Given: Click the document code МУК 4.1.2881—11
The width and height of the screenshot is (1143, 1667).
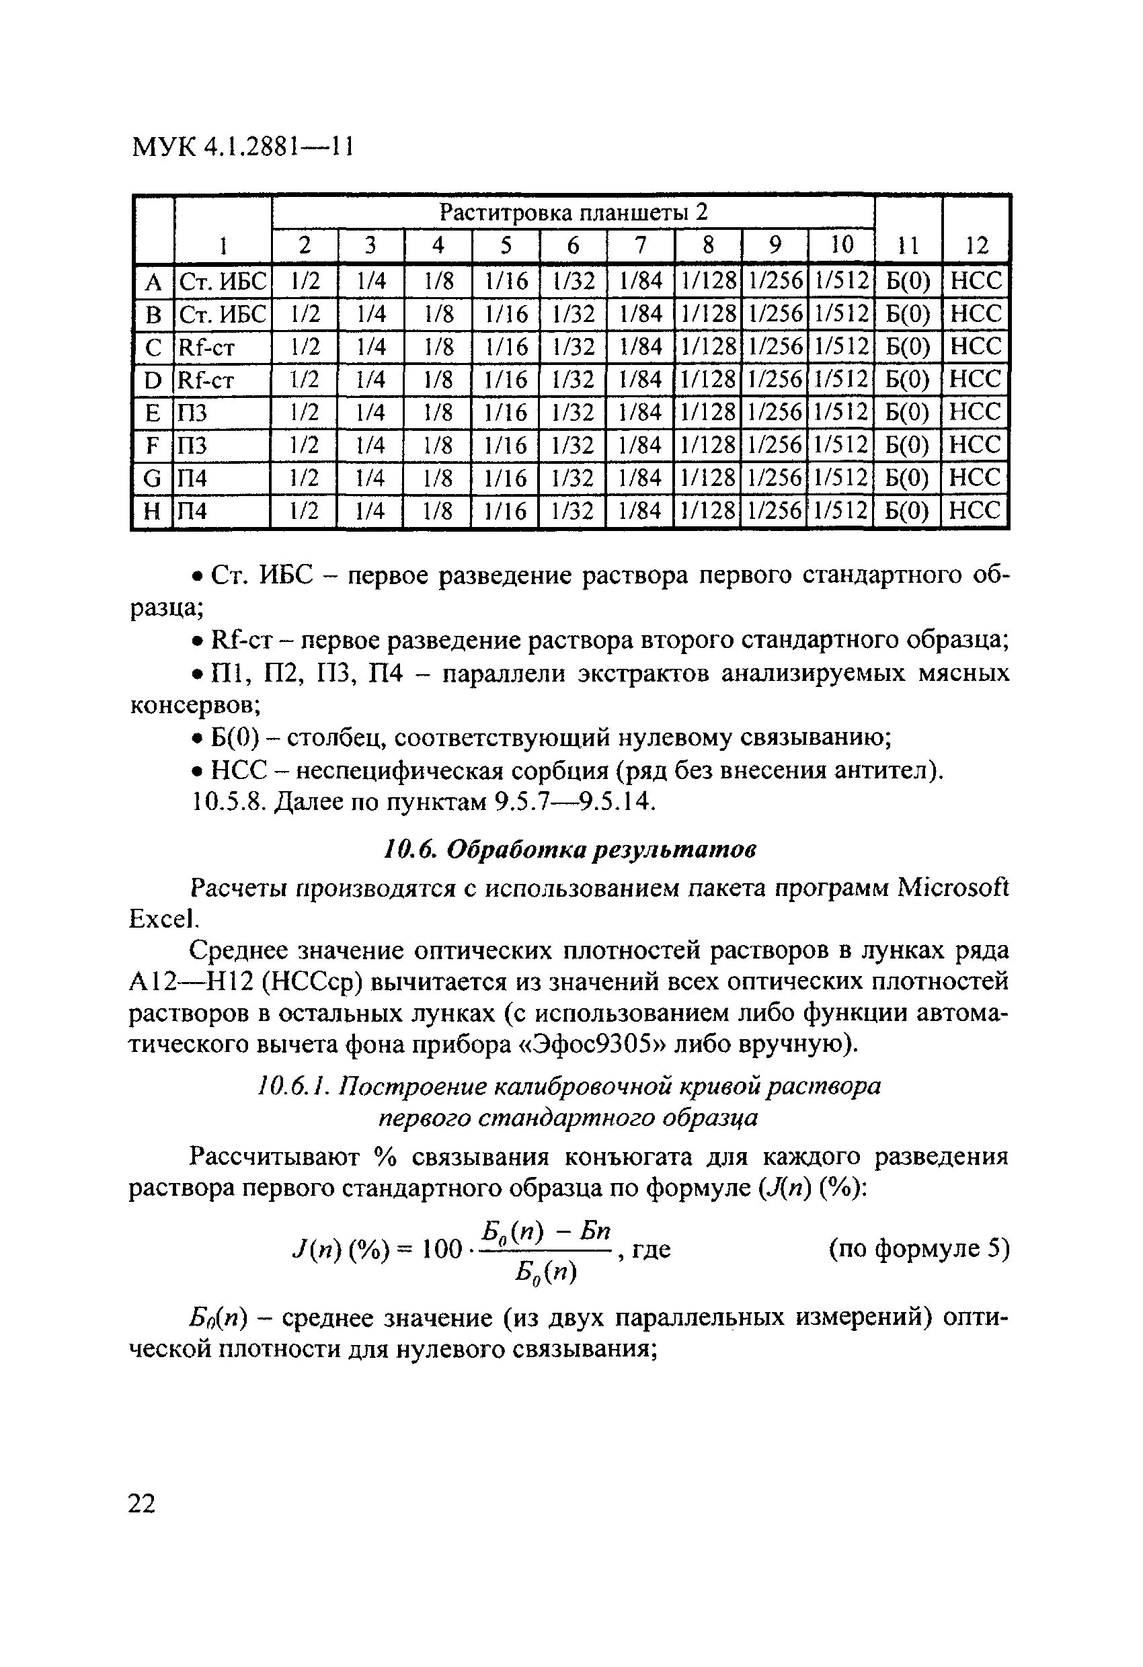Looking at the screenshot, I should click(243, 147).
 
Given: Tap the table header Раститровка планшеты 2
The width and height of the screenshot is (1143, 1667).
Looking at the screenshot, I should click(573, 212).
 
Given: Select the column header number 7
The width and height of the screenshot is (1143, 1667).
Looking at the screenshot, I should click(640, 245).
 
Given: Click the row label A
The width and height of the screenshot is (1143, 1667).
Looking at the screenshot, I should click(153, 281).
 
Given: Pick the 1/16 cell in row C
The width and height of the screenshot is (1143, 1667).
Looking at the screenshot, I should click(506, 347).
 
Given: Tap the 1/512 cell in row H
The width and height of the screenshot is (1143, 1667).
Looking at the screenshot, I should click(841, 512).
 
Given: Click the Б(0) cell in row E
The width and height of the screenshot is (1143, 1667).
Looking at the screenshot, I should click(908, 413).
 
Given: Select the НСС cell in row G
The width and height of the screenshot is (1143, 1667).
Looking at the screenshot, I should click(974, 478).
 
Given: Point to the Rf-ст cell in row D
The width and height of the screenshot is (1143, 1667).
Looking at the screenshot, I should click(206, 380).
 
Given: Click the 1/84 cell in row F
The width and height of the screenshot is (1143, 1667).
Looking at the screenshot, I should click(640, 446).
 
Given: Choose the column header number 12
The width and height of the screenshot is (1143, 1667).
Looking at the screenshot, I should click(976, 246).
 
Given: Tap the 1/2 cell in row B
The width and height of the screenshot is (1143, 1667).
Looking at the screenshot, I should click(305, 314).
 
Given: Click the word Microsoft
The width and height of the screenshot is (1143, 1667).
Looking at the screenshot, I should click(953, 888).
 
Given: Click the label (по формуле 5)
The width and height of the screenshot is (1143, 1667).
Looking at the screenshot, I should click(918, 1249).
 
